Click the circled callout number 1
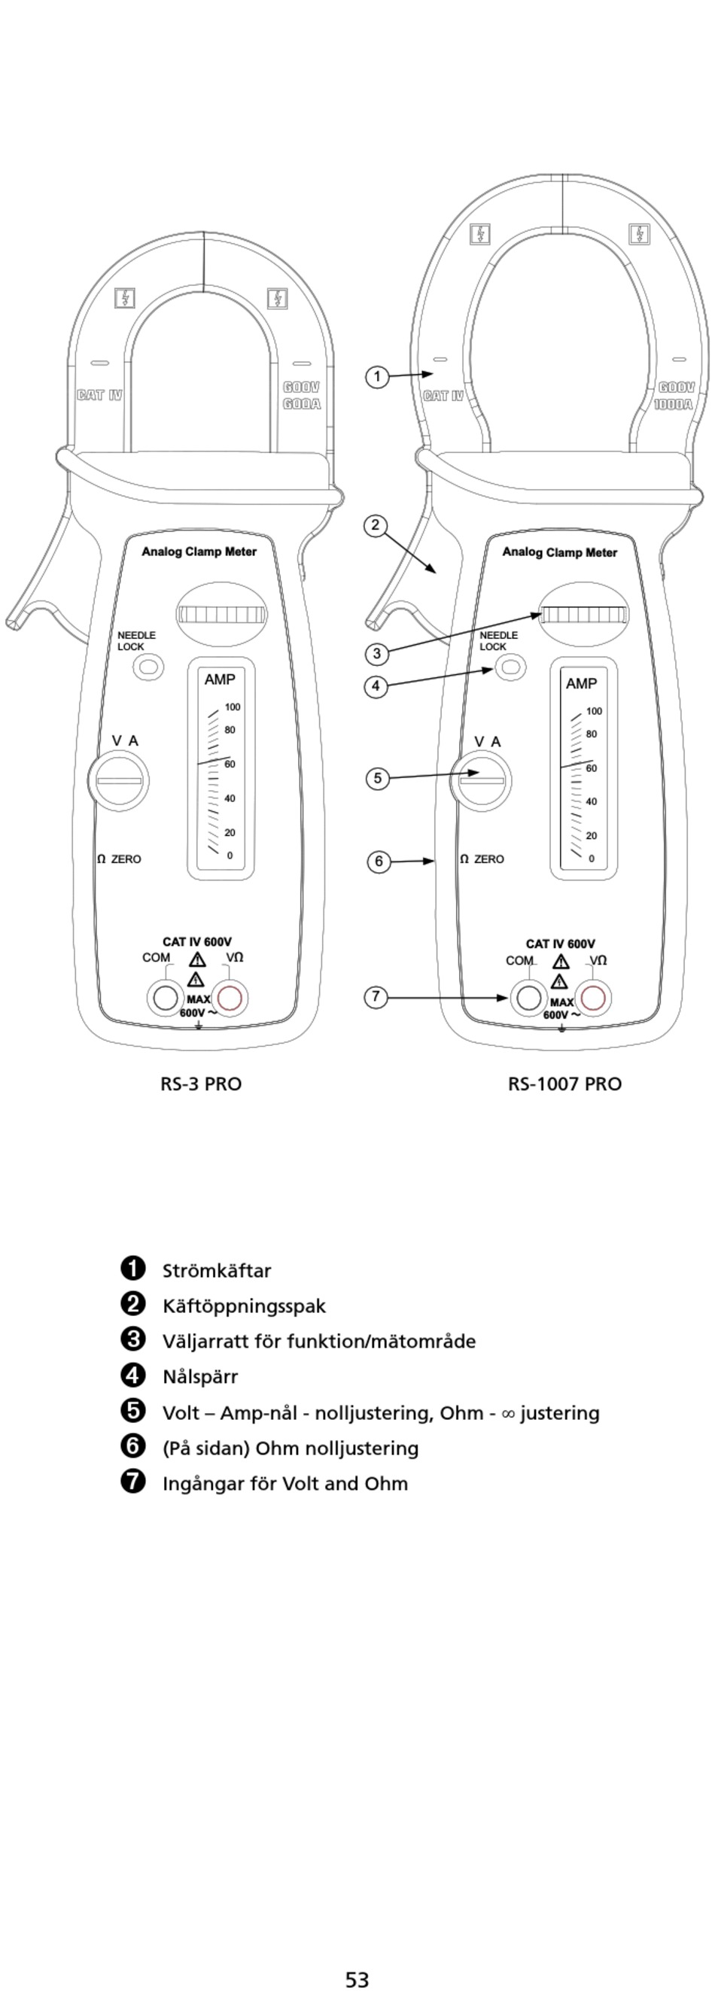click(x=376, y=377)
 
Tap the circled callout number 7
click(x=376, y=996)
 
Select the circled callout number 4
click(x=376, y=685)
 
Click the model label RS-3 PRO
click(x=201, y=1084)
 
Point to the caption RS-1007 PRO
click(x=564, y=1084)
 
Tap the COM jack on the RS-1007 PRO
click(x=528, y=998)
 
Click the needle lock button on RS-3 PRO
click(x=148, y=666)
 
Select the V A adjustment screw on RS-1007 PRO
click(x=482, y=780)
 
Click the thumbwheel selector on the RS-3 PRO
click(x=222, y=615)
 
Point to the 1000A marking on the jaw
click(x=674, y=404)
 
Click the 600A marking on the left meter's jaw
click(x=302, y=404)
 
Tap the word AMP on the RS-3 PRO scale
click(x=220, y=679)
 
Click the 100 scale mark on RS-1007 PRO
click(x=594, y=711)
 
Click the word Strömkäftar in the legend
click(x=217, y=1271)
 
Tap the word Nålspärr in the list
click(x=200, y=1376)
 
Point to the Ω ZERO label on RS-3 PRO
click(x=119, y=859)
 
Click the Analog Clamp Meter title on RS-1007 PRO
click(x=560, y=552)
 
